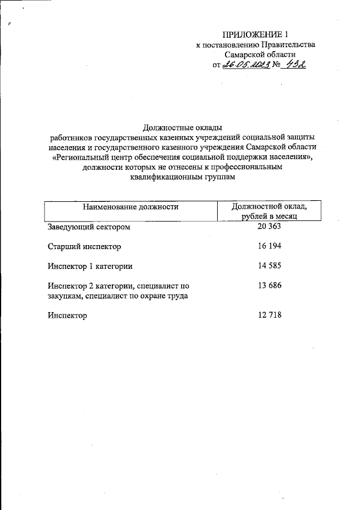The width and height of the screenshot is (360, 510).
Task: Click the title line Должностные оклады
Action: point(180,127)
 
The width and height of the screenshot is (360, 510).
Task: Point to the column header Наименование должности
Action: point(130,207)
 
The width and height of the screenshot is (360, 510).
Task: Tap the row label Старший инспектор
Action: point(84,247)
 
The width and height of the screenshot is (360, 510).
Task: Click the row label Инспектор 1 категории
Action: point(90,266)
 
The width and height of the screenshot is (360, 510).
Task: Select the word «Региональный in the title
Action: point(80,157)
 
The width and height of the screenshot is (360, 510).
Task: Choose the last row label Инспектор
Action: point(67,316)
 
